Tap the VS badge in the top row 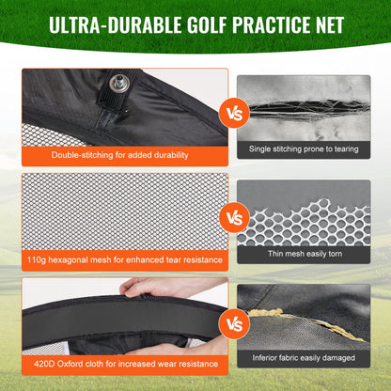(x=231, y=115)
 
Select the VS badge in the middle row (x=231, y=219)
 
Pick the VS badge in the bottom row (x=231, y=325)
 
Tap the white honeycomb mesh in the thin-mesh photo (x=310, y=221)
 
